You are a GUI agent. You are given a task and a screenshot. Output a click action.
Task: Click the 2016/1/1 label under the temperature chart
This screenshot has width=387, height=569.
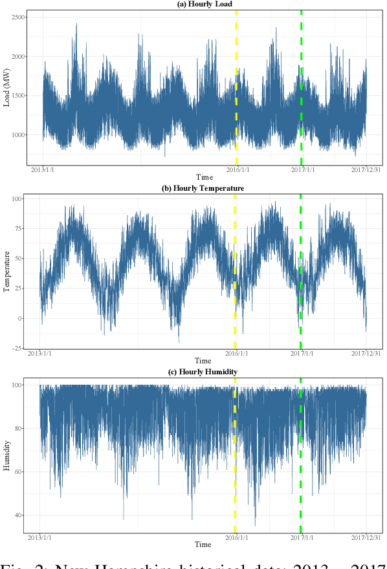tap(236, 354)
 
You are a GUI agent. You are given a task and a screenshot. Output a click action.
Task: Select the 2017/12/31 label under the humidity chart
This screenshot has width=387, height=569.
tap(366, 537)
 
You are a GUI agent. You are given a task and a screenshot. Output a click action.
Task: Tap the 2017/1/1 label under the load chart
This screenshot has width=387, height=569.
tap(301, 170)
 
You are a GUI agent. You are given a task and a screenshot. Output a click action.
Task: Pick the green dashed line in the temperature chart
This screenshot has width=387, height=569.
tap(301, 272)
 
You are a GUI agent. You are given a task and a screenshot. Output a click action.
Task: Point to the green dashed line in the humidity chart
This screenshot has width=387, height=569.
tap(301, 453)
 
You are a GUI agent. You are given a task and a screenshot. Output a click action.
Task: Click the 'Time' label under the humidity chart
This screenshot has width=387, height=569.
tap(203, 544)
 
